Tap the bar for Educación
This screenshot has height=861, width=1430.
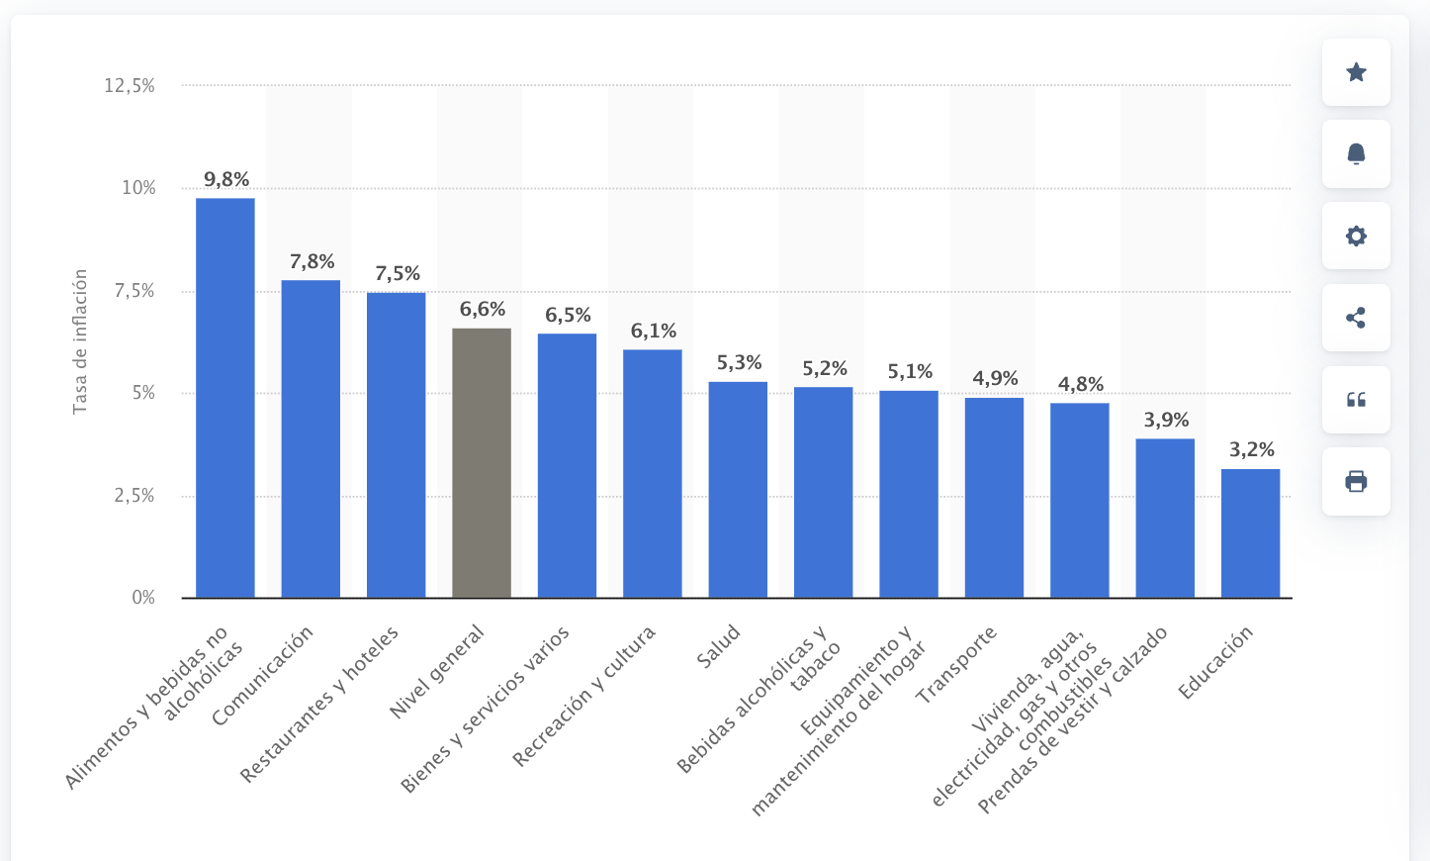pyautogui.click(x=1250, y=533)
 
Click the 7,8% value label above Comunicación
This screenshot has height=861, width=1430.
pyautogui.click(x=312, y=262)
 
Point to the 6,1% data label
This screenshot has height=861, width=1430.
pyautogui.click(x=654, y=332)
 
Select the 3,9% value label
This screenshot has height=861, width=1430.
pyautogui.click(x=1166, y=421)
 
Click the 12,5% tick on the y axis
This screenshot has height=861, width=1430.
pyautogui.click(x=130, y=86)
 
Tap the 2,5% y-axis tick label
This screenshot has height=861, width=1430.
pyautogui.click(x=134, y=496)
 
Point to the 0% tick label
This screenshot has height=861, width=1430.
pyautogui.click(x=143, y=598)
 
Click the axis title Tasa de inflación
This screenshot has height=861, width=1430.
pyautogui.click(x=80, y=341)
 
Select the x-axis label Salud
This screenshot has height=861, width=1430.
pyautogui.click(x=718, y=646)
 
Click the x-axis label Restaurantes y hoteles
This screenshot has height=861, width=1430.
pyautogui.click(x=320, y=704)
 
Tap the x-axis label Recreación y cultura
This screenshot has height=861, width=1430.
pyautogui.click(x=584, y=696)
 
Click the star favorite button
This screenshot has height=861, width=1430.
pyautogui.click(x=1356, y=72)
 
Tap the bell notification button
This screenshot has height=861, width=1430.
pyautogui.click(x=1356, y=154)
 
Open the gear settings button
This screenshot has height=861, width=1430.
pyautogui.click(x=1356, y=237)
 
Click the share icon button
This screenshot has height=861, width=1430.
pyautogui.click(x=1356, y=318)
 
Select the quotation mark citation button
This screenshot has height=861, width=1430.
pyautogui.click(x=1356, y=400)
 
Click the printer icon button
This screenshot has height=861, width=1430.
pyautogui.click(x=1356, y=482)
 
